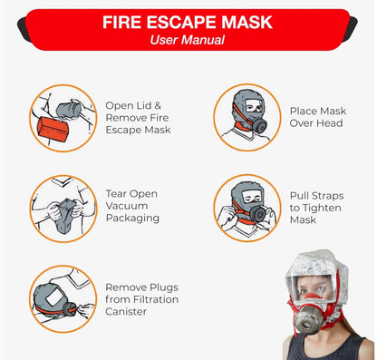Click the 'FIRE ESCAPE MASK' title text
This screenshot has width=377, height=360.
coord(188,21)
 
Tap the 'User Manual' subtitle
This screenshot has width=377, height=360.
coord(188,39)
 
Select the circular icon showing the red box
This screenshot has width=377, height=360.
coord(61,117)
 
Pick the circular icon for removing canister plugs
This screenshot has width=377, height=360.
coord(61,298)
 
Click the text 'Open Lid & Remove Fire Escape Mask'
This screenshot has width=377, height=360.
coord(138,117)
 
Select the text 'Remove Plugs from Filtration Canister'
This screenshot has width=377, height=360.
coord(142,298)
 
